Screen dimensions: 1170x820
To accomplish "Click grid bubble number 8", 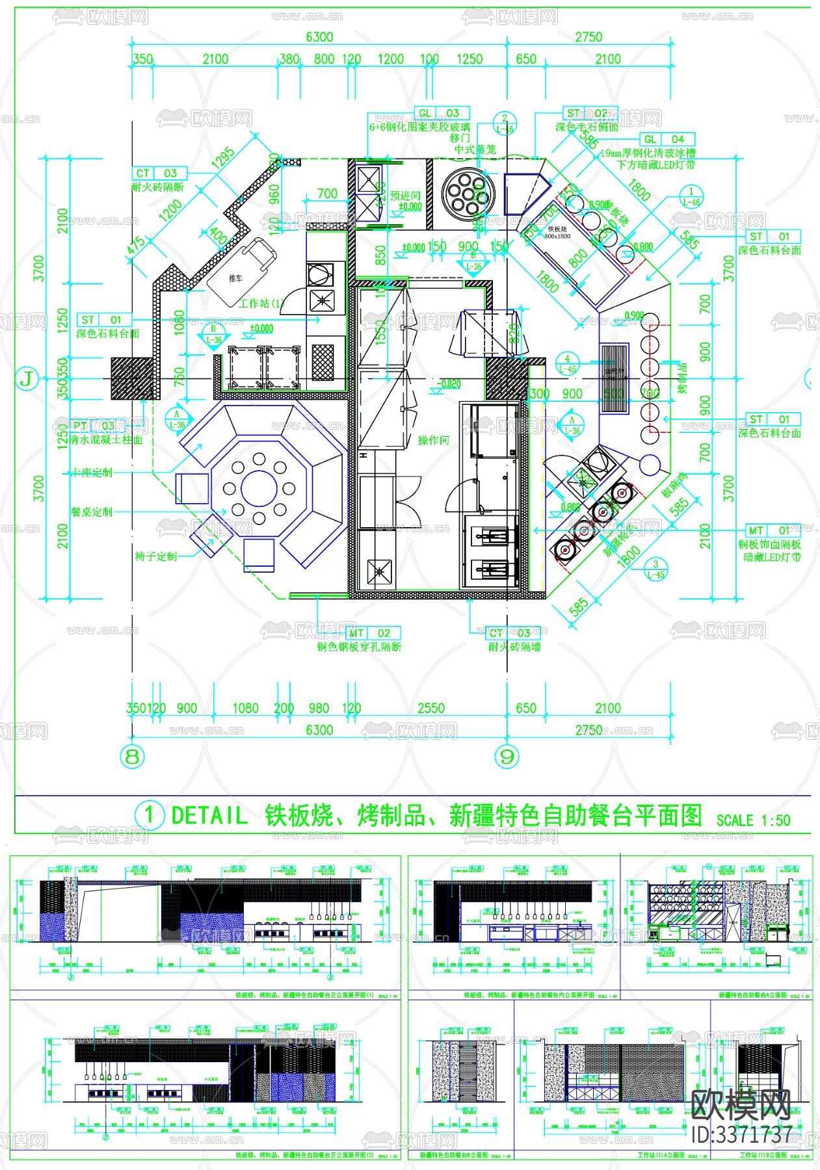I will [132, 756].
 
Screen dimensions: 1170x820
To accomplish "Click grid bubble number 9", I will [507, 756].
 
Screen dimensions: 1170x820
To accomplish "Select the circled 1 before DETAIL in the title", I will [149, 814].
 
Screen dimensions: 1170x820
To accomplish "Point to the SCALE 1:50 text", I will [753, 820].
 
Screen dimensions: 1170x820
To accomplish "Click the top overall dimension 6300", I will [319, 37].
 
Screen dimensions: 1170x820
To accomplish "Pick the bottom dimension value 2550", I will [430, 708].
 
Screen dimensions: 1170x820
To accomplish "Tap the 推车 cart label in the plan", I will [235, 278].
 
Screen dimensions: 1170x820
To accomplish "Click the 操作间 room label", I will [433, 440].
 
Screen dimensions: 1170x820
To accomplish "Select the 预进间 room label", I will [404, 196].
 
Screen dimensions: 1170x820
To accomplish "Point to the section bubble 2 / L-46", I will [505, 123].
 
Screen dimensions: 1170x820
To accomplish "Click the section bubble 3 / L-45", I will [655, 569].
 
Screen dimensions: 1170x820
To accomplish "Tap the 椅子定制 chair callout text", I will [155, 556].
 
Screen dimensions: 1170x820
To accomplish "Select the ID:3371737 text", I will [741, 1134].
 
